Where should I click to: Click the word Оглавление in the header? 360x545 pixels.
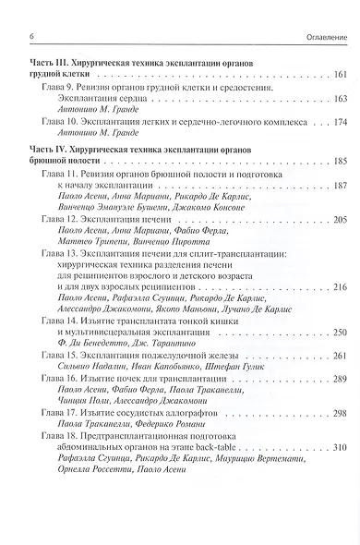coord(321,36)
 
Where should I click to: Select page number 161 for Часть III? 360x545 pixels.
coord(339,74)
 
